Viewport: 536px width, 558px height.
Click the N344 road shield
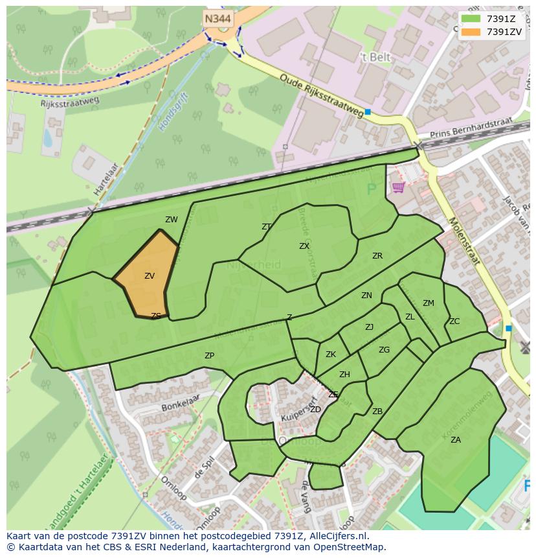(x=218, y=19)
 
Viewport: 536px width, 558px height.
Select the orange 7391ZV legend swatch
(x=471, y=32)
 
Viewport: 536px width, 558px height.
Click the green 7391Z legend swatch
(x=471, y=19)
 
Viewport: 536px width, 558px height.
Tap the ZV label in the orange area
(x=150, y=276)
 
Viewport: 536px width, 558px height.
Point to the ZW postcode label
(x=171, y=220)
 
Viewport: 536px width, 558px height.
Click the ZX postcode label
(x=304, y=246)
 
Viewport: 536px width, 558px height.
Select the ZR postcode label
(x=377, y=256)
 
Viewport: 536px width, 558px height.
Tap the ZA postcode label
(x=456, y=440)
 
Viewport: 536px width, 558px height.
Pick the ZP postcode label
(x=209, y=356)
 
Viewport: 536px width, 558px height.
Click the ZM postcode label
(x=429, y=303)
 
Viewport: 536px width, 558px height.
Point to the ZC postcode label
(x=454, y=321)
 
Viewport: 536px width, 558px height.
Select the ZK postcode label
(x=331, y=355)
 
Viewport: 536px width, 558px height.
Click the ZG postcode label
(x=385, y=350)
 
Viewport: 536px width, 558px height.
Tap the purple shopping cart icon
(x=398, y=187)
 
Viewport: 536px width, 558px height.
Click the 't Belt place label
(x=375, y=58)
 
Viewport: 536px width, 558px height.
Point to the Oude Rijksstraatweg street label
(x=322, y=96)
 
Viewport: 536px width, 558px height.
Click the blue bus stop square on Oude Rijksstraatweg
(x=368, y=112)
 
